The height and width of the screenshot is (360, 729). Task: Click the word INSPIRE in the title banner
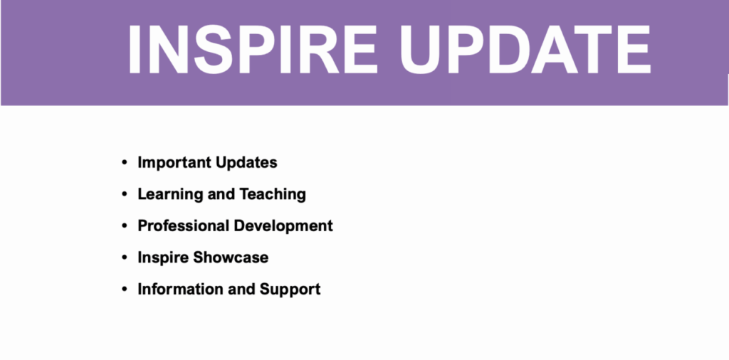[251, 49]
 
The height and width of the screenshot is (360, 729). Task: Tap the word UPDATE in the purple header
[525, 49]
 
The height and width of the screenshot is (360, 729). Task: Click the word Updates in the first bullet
[241, 163]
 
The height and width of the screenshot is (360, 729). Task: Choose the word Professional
[183, 226]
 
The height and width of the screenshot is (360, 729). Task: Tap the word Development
[283, 226]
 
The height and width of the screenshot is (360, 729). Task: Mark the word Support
[290, 290]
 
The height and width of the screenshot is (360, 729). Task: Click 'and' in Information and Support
[242, 289]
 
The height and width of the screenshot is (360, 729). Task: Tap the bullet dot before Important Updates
[124, 163]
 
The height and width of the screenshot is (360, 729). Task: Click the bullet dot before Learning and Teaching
[124, 194]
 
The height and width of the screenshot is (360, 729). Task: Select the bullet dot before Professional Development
[124, 226]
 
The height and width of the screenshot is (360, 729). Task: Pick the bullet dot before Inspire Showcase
[124, 258]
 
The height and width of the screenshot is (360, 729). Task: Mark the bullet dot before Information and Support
[124, 289]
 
